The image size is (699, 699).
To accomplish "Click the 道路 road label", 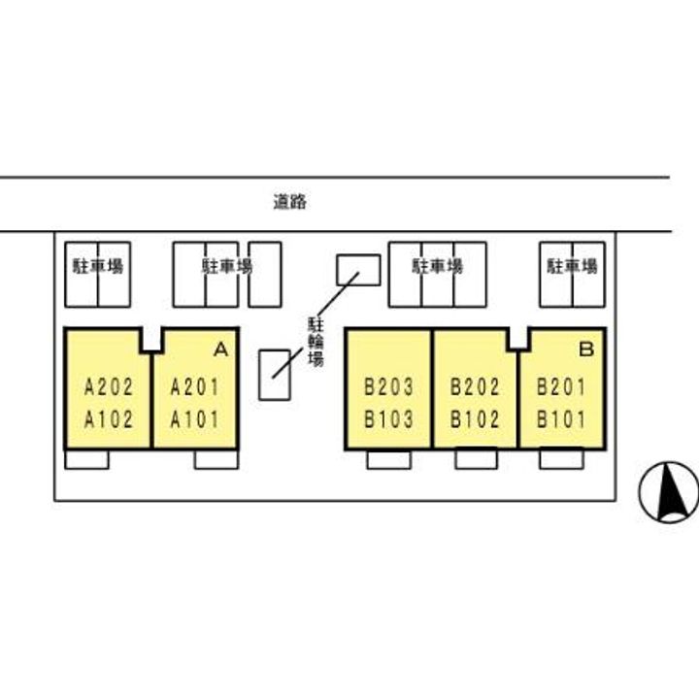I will point(289,203).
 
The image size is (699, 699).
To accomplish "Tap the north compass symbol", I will point(669,490).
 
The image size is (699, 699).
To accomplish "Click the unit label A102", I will point(109,420).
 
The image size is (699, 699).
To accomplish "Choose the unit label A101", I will point(195,420).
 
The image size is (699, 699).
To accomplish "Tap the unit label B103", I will point(389,420).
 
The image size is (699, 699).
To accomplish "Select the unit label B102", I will point(476,420).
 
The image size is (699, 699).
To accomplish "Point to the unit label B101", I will point(562,420).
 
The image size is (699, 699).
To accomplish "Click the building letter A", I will point(220,348).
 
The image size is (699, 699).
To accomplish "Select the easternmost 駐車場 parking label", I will point(571,266).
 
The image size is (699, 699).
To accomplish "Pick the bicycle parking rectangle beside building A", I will point(274,373).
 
